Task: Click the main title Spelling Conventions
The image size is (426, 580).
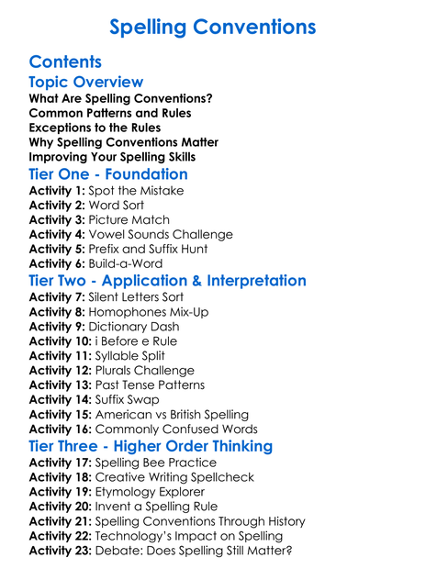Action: pos(212,27)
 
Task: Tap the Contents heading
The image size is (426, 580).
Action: pos(65,62)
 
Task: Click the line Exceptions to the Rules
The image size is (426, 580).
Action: pos(95,128)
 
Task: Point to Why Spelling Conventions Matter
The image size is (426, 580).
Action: pos(123,142)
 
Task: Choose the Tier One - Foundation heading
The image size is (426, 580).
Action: pos(108,173)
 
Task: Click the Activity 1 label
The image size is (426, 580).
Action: pos(57,191)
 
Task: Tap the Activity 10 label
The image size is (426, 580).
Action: pos(61,341)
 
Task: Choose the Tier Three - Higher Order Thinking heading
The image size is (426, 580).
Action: pos(151,446)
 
